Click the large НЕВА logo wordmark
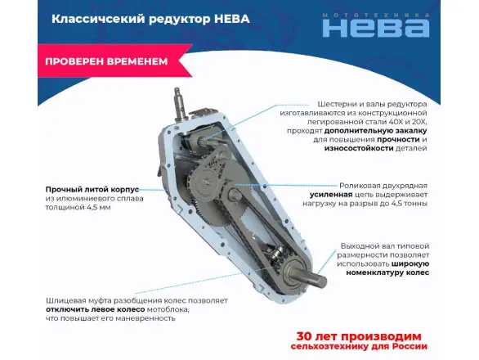pos(376,29)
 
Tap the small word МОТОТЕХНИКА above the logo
pos(376,15)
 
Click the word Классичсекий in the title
pos(98,19)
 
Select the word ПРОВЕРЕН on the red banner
pos(74,61)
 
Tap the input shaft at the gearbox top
pos(180,103)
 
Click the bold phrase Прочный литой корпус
pos(92,190)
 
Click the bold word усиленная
pos(331,195)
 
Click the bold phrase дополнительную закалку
pos(375,131)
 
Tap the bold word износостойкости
pos(359,148)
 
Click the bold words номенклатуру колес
pos(387,272)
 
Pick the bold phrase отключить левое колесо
pos(96,309)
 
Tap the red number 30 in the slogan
pos(304,336)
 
